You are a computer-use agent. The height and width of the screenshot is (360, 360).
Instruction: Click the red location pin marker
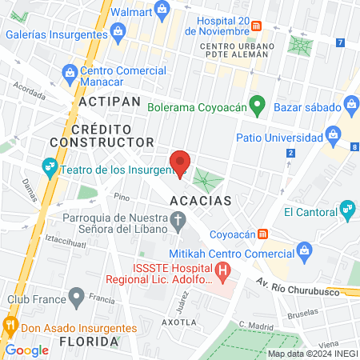(x=181, y=165)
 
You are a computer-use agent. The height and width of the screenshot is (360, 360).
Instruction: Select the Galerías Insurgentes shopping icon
(x=118, y=34)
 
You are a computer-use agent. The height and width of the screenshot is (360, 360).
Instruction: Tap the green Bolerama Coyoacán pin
(x=257, y=104)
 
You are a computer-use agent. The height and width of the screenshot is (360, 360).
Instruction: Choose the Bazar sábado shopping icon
(x=350, y=104)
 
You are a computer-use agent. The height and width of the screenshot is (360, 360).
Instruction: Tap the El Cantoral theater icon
(x=347, y=211)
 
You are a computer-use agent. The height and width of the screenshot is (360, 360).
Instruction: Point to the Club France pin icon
(x=76, y=298)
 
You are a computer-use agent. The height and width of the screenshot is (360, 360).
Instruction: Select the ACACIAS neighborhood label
(x=201, y=199)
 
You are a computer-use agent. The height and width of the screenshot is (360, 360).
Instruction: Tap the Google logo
(x=26, y=350)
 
